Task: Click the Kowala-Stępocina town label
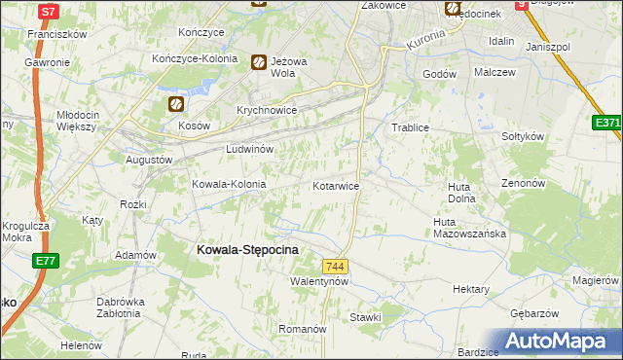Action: pyautogui.click(x=247, y=250)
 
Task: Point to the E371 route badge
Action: pyautogui.click(x=607, y=123)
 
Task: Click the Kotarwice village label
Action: pyautogui.click(x=336, y=185)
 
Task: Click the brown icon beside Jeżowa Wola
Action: pyautogui.click(x=259, y=62)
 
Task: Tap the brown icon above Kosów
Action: pyautogui.click(x=175, y=104)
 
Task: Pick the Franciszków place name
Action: pyautogui.click(x=58, y=34)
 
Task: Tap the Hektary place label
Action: pyautogui.click(x=471, y=289)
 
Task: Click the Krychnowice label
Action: pyautogui.click(x=266, y=111)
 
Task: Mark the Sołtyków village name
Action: pyautogui.click(x=522, y=137)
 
